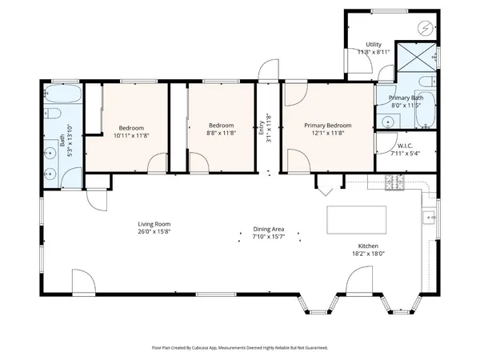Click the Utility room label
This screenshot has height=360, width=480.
point(373,44)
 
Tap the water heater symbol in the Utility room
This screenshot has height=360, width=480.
point(426,29)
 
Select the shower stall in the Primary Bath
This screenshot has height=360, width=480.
point(419,59)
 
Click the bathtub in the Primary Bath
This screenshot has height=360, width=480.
point(426,111)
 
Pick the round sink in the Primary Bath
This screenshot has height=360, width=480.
point(386,122)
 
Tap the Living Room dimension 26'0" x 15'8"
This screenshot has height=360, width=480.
point(154,232)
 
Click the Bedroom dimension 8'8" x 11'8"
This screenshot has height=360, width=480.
point(221,133)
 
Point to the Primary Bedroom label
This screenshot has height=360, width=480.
point(328,126)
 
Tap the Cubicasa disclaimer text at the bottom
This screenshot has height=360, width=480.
point(239,348)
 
